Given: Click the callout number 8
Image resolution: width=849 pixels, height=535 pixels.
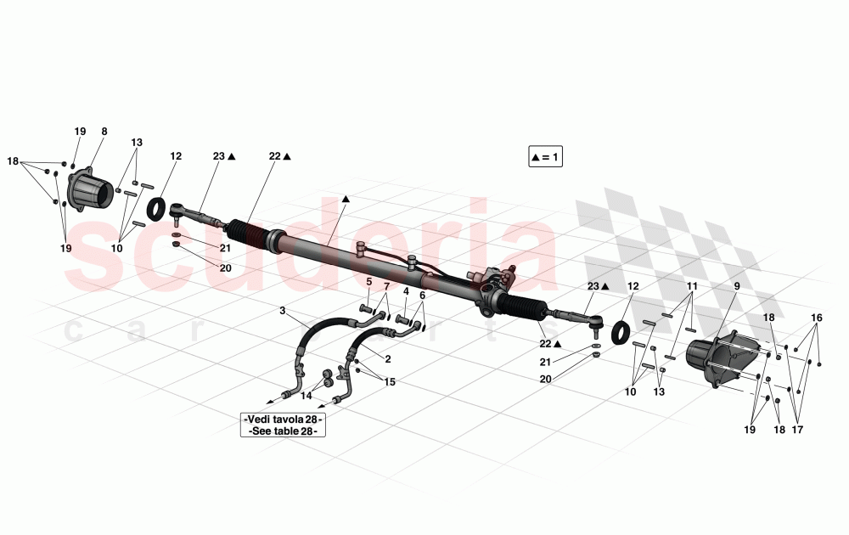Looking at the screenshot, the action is (x=104, y=131).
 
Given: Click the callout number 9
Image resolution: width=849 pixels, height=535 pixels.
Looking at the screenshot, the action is (x=737, y=286).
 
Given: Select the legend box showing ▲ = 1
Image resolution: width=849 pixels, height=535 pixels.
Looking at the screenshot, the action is (x=545, y=157).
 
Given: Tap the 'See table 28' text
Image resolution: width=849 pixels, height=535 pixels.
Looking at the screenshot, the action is (x=283, y=431).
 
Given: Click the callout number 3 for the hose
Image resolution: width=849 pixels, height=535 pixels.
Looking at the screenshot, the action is (x=282, y=310).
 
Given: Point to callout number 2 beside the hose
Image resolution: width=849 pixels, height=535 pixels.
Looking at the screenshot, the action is (x=388, y=359).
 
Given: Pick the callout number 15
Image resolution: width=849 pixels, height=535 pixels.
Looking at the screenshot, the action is (x=390, y=382).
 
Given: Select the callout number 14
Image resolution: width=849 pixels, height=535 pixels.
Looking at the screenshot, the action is (x=306, y=396).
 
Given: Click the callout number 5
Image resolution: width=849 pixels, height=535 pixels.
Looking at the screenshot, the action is (x=369, y=282).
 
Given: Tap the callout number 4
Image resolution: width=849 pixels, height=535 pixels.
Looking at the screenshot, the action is (x=406, y=291).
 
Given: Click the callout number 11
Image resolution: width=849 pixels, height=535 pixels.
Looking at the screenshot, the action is (x=693, y=286).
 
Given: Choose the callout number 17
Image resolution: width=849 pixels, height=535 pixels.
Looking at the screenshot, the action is (x=797, y=430).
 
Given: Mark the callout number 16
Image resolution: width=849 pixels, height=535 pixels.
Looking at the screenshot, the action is (x=816, y=318).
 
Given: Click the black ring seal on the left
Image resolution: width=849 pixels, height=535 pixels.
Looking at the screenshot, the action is (x=157, y=209).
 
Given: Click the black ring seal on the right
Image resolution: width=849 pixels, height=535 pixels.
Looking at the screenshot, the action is (x=621, y=332).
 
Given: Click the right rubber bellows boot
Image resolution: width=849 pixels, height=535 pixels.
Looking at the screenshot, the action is (x=523, y=307).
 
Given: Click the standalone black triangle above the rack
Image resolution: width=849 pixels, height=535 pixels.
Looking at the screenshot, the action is (x=346, y=199).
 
